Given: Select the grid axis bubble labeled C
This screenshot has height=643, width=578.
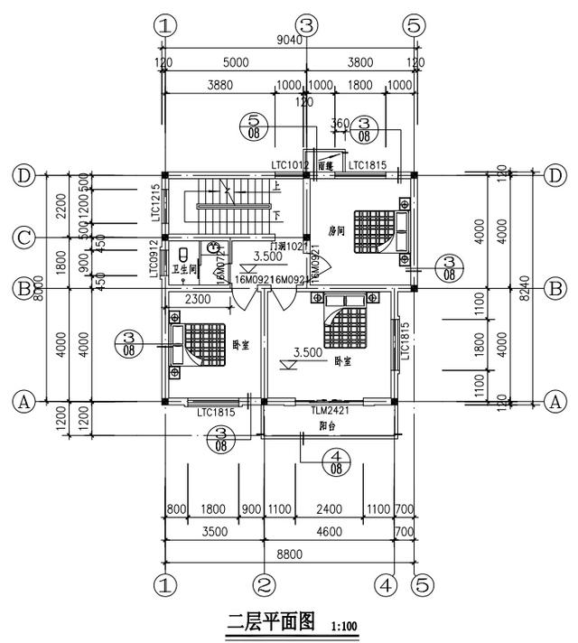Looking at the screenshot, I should (24, 238).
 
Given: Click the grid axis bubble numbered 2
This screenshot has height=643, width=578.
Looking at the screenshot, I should (263, 583).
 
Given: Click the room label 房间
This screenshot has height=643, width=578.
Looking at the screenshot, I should (337, 229).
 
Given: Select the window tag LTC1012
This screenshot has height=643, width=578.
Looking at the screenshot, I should (290, 165).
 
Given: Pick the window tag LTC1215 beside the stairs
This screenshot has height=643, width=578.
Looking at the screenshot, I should (155, 203).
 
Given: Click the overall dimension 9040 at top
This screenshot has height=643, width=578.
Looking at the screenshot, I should (288, 39).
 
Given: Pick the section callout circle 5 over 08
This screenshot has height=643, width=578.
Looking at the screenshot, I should (255, 126).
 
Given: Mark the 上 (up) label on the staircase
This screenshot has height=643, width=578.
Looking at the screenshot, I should (275, 188).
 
